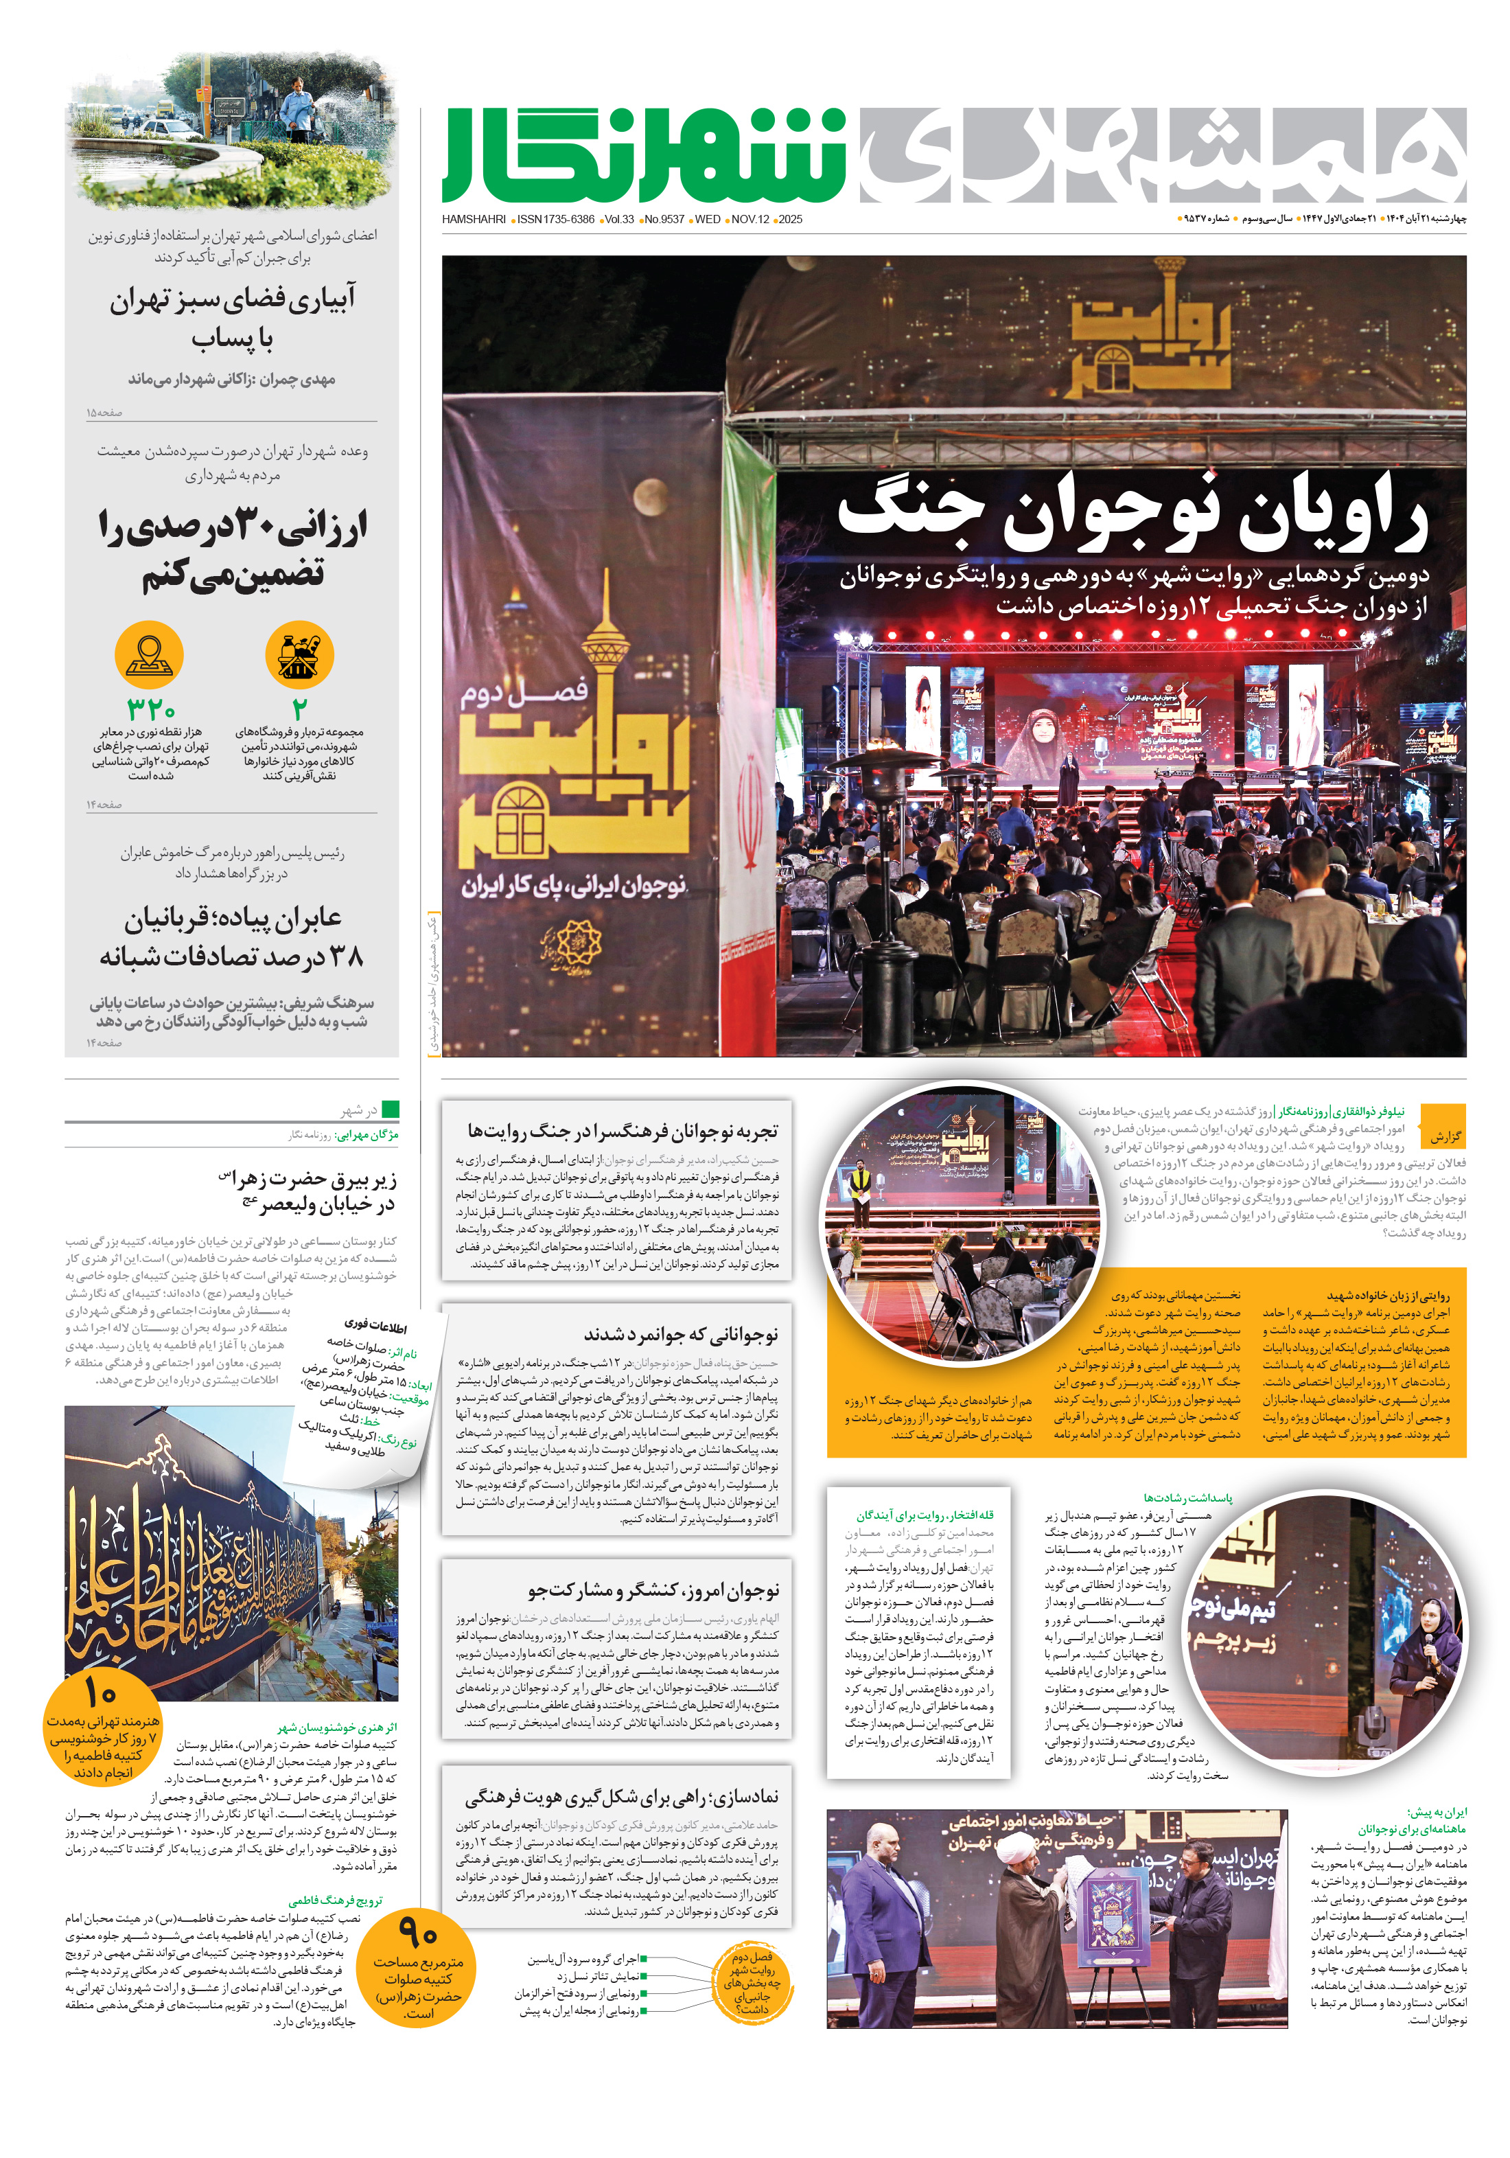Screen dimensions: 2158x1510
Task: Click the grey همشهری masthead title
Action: (x=1161, y=155)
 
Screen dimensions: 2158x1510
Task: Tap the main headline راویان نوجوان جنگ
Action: (x=1132, y=517)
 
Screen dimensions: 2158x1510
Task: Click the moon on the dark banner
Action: (x=649, y=494)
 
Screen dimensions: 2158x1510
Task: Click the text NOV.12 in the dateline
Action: (x=750, y=220)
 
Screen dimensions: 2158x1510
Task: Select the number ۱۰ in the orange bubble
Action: (x=100, y=1692)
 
